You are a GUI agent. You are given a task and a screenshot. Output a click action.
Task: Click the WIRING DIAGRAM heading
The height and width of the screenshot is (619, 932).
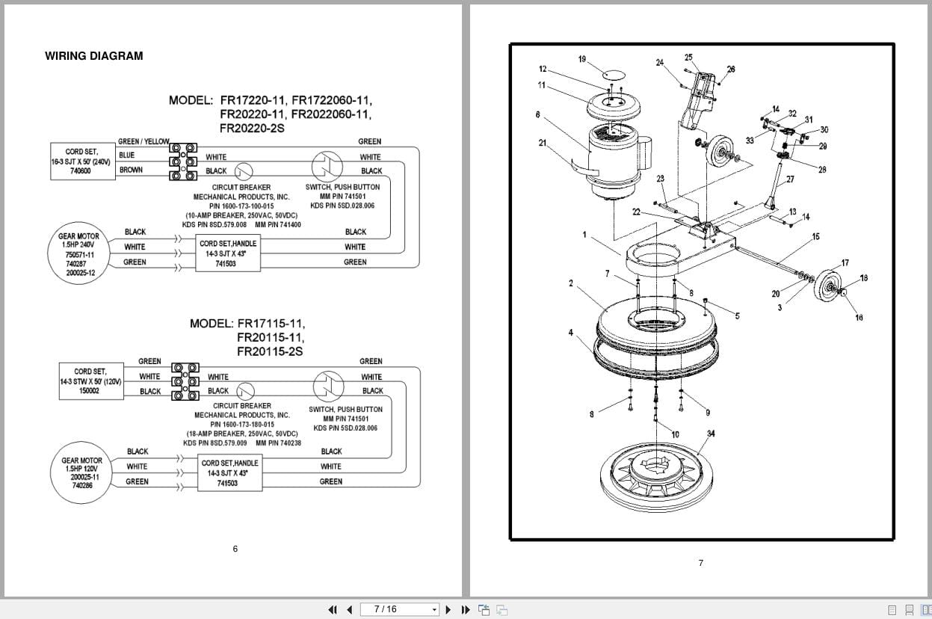click(93, 56)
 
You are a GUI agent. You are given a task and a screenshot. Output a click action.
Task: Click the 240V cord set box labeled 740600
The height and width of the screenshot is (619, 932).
click(80, 161)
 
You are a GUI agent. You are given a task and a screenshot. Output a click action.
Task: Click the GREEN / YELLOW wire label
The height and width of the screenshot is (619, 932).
click(143, 141)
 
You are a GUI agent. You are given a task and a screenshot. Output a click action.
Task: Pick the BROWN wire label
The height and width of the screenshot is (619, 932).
click(131, 170)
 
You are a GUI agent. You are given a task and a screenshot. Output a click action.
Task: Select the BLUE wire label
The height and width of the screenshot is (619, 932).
click(126, 155)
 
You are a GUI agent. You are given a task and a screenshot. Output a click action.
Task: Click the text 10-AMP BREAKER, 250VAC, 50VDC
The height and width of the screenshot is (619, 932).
click(242, 215)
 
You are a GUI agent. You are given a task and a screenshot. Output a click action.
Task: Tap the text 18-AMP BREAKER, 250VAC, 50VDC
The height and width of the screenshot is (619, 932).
click(242, 434)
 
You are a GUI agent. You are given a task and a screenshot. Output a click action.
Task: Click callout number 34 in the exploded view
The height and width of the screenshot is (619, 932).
click(711, 434)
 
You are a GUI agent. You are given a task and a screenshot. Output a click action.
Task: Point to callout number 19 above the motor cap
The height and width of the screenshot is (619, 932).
click(582, 59)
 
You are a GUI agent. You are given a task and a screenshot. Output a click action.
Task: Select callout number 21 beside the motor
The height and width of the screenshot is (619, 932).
click(542, 143)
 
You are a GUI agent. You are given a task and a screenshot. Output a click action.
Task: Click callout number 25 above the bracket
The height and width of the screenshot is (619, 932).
click(688, 58)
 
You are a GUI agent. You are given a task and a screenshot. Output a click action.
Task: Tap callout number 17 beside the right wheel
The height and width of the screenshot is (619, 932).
click(845, 262)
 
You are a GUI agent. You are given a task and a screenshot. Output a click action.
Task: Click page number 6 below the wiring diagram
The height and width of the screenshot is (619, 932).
click(235, 549)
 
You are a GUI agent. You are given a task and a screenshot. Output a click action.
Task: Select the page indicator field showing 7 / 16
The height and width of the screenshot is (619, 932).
click(399, 609)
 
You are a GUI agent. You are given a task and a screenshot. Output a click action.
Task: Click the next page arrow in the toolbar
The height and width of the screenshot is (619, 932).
click(448, 609)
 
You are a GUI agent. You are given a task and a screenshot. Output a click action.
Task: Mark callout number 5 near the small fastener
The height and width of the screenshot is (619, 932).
click(737, 316)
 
